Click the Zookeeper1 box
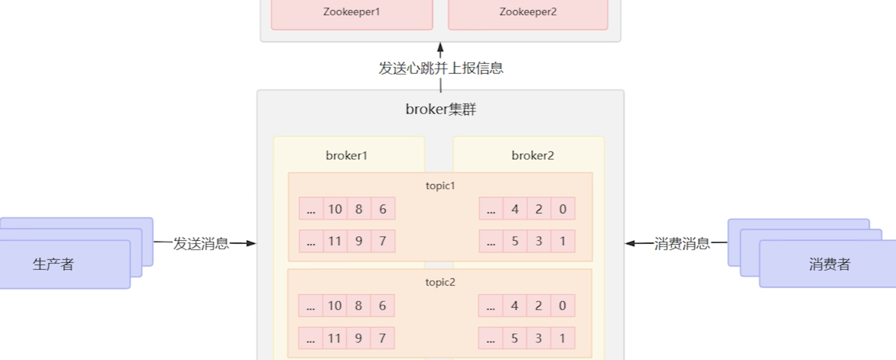(x=351, y=12)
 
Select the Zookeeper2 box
(x=528, y=12)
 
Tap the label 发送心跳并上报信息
(x=441, y=68)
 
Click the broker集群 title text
(x=441, y=109)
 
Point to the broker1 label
(x=346, y=155)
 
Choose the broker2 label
(x=532, y=155)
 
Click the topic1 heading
(x=440, y=185)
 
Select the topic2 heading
(x=440, y=282)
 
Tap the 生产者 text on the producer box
(x=53, y=264)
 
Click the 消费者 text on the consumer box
(x=829, y=264)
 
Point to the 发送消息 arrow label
(x=201, y=244)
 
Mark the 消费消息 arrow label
(x=682, y=244)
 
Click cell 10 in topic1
(x=335, y=209)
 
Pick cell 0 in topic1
(x=563, y=209)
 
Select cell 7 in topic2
(x=382, y=338)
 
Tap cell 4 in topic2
(x=515, y=306)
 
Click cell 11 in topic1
(x=335, y=241)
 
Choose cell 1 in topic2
(x=562, y=338)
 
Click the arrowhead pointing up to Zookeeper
(x=441, y=48)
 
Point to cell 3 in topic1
(x=539, y=241)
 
